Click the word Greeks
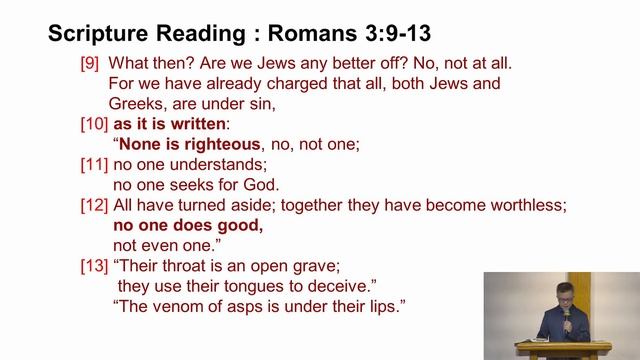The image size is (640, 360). click(x=134, y=103)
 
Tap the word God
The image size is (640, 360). click(x=262, y=184)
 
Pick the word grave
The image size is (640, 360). click(x=318, y=266)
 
